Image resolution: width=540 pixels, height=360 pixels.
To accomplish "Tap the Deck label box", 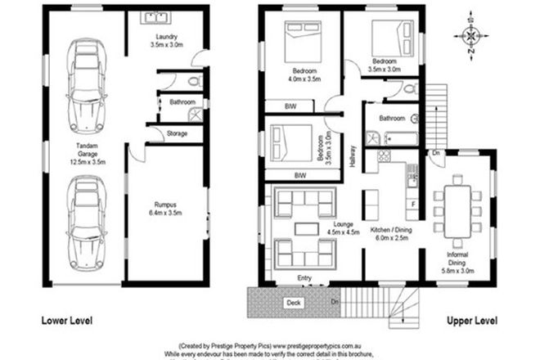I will tap(292, 303).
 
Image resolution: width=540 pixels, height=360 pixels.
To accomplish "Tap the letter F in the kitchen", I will tap(412, 203).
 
